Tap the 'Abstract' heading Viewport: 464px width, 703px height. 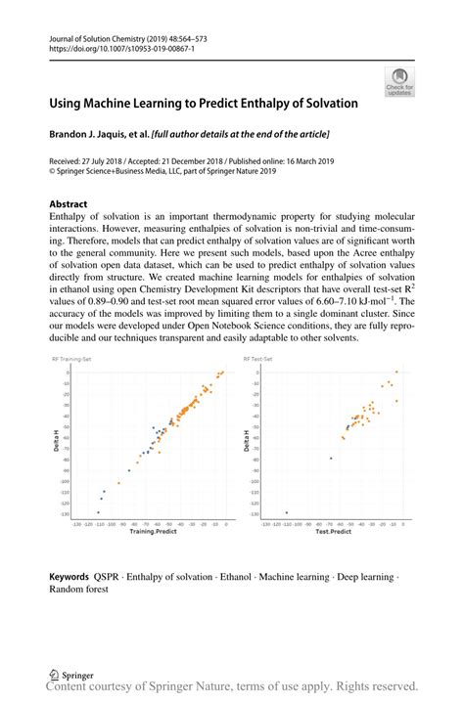coord(69,203)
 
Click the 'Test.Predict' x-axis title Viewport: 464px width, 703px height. coord(332,532)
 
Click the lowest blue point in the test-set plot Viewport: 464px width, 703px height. coord(286,512)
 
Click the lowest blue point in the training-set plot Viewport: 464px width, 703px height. coord(98,511)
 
